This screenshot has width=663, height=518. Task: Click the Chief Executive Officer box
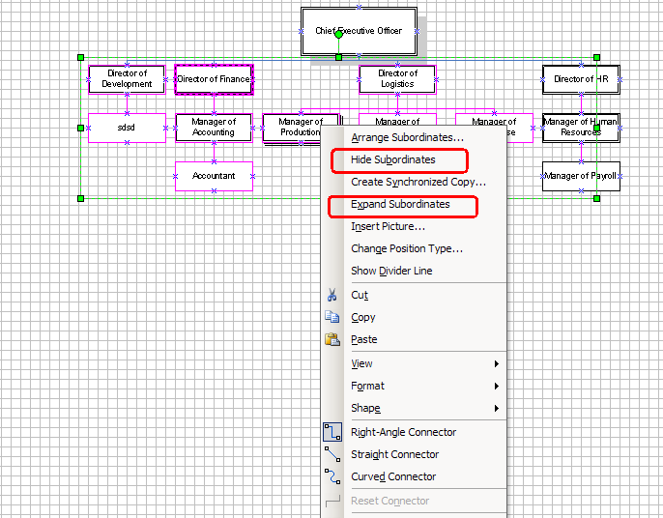click(x=359, y=31)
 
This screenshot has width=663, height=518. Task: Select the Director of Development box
click(x=127, y=79)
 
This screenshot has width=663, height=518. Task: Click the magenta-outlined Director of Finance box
click(x=214, y=79)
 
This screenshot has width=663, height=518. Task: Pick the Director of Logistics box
click(x=397, y=79)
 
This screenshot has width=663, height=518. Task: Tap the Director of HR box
click(x=581, y=79)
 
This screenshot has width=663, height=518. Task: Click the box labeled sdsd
click(x=127, y=128)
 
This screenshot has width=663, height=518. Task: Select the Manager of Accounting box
click(x=214, y=128)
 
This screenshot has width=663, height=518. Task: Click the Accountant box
click(x=214, y=176)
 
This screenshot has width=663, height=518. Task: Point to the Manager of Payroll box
click(x=581, y=176)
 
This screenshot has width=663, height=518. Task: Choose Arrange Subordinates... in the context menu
click(x=407, y=137)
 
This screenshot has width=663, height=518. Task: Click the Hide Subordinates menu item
click(x=393, y=159)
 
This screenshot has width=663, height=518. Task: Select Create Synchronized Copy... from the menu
click(x=418, y=182)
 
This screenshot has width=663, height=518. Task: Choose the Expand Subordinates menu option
click(x=400, y=205)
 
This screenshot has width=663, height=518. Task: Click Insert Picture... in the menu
click(x=388, y=226)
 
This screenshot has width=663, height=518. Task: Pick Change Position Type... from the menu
click(x=407, y=248)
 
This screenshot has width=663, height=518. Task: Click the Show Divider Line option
click(x=391, y=271)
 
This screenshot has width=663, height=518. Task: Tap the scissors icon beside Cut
click(x=332, y=295)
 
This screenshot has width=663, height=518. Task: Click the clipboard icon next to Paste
click(x=332, y=339)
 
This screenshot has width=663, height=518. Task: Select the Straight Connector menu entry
click(x=394, y=454)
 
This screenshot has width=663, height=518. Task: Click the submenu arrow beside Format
click(x=497, y=386)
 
